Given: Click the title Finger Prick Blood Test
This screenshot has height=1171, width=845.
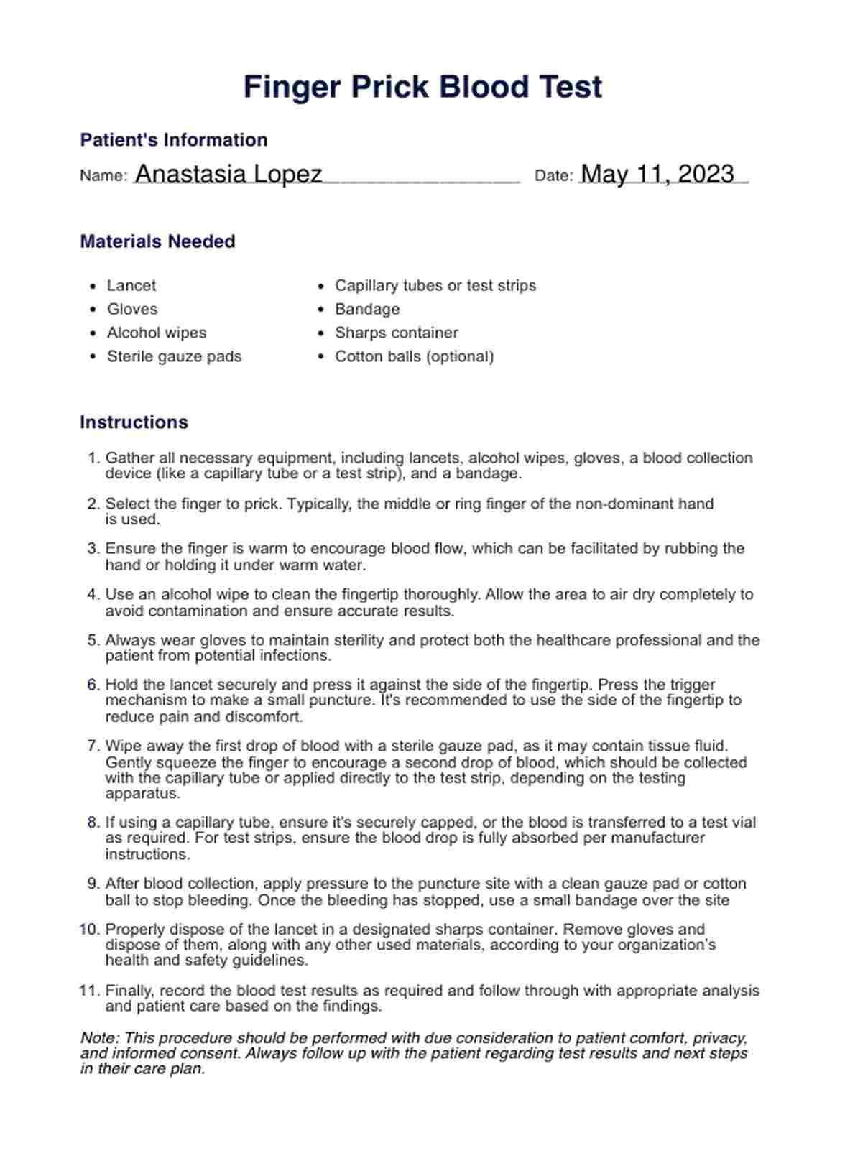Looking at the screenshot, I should pos(422,87).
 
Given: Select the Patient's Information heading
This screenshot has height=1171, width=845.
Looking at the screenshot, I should pos(173,140).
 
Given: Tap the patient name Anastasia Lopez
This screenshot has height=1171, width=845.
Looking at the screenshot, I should pos(228,175).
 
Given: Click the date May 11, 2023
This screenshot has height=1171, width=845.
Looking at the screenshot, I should pos(657,175).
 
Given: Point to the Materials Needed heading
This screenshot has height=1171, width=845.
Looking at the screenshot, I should pos(157,241).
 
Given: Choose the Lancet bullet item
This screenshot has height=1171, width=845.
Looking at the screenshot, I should pos(131,286).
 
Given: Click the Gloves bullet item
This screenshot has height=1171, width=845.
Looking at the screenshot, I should pos(132,310).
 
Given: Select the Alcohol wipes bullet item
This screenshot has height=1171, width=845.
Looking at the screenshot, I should pos(156,333).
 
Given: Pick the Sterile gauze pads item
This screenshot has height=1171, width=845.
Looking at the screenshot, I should pos(174,357).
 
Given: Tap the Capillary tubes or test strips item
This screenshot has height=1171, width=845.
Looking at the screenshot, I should pos(435,286).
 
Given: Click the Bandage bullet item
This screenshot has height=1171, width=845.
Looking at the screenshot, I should pos(367,310).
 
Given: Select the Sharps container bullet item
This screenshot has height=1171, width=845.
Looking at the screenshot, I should pos(397,333).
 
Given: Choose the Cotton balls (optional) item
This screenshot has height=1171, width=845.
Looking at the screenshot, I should pos(414,357).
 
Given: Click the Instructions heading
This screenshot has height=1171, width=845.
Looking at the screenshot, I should pos(134,422).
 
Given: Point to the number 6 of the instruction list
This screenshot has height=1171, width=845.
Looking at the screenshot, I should pos(93,685).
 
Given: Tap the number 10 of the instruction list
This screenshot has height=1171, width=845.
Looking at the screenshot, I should pos(89,930).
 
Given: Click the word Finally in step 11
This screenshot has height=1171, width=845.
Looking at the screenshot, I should pos(127,991).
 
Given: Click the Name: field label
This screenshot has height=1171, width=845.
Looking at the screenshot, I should pos(103,176).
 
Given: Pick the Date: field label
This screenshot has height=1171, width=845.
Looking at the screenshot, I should pos(553,176).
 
